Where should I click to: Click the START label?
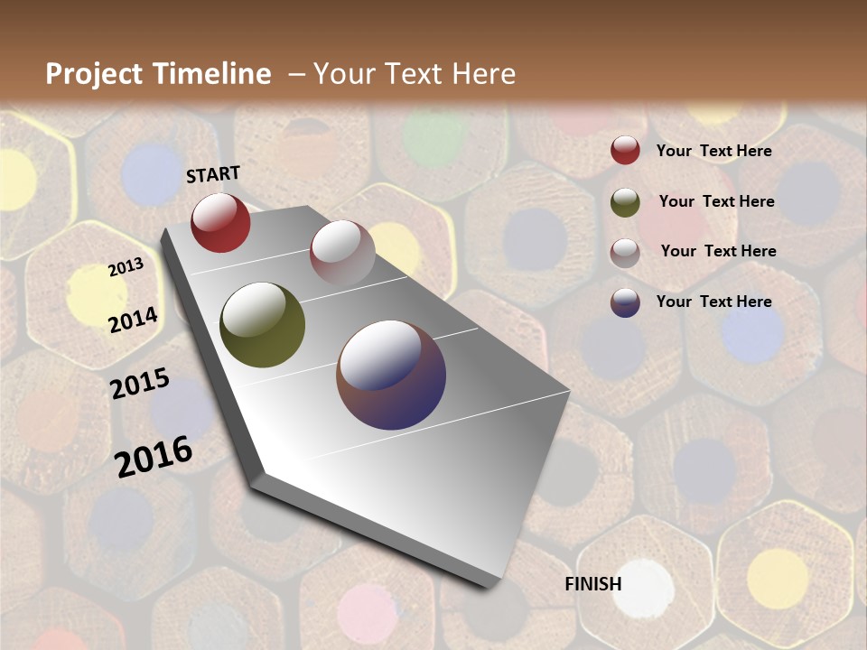pyautogui.click(x=213, y=174)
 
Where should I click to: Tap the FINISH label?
pyautogui.click(x=593, y=584)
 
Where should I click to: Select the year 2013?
pyautogui.click(x=126, y=267)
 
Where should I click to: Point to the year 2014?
pyautogui.click(x=134, y=320)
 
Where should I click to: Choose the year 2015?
pyautogui.click(x=140, y=384)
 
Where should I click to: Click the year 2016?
pyautogui.click(x=154, y=456)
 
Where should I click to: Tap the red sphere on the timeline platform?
pyautogui.click(x=220, y=222)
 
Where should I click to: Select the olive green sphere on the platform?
pyautogui.click(x=263, y=325)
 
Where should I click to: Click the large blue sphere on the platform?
pyautogui.click(x=391, y=375)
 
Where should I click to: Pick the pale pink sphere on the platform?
pyautogui.click(x=342, y=252)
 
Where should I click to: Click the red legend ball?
pyautogui.click(x=625, y=151)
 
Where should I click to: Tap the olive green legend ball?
pyautogui.click(x=625, y=202)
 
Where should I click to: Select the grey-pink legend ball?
pyautogui.click(x=625, y=253)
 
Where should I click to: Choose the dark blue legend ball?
pyautogui.click(x=625, y=302)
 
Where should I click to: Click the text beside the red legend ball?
pyautogui.click(x=713, y=151)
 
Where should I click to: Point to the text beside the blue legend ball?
pyautogui.click(x=713, y=302)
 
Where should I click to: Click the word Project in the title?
pyautogui.click(x=95, y=74)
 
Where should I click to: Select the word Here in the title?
pyautogui.click(x=483, y=74)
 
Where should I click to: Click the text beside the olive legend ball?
pyautogui.click(x=716, y=201)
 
